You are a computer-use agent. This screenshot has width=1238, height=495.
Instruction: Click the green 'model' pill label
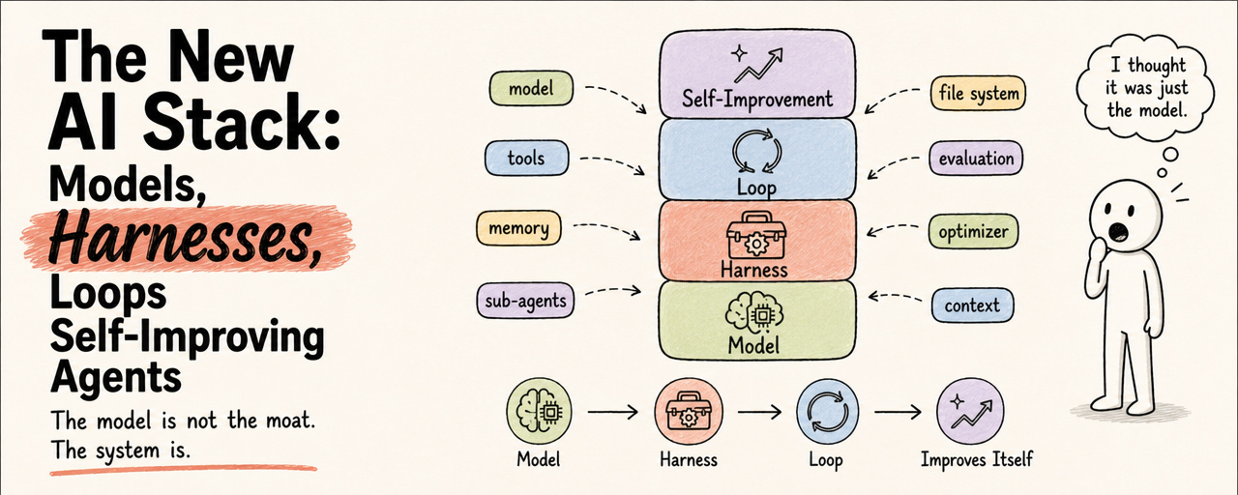(x=531, y=88)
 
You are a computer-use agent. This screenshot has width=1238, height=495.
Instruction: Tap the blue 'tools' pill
(x=526, y=158)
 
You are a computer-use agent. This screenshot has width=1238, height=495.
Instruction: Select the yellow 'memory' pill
(x=518, y=227)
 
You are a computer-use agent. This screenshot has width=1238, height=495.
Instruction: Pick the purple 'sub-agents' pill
(x=525, y=301)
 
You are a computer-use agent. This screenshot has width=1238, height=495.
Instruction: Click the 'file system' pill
(x=978, y=93)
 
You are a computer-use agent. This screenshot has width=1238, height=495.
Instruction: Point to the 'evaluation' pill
(x=976, y=159)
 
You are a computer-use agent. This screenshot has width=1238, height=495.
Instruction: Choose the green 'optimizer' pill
(x=973, y=231)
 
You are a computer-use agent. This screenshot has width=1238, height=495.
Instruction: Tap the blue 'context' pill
(x=972, y=305)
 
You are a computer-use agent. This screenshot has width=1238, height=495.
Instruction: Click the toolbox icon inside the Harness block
(x=755, y=236)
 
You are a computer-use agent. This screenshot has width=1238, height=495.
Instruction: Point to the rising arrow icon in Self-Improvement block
(x=757, y=66)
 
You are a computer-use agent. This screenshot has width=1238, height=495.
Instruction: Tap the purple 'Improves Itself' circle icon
(x=970, y=412)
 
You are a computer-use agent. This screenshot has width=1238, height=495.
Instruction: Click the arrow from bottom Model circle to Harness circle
(x=612, y=412)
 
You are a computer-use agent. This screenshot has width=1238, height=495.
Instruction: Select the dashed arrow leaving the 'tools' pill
(x=612, y=163)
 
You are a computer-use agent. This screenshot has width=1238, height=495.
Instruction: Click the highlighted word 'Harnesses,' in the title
(x=186, y=240)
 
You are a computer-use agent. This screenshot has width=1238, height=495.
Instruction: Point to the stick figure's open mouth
(x=1119, y=231)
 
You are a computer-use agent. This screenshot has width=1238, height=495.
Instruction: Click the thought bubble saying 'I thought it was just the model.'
(x=1146, y=88)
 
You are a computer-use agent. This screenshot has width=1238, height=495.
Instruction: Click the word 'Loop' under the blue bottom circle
(x=826, y=460)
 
